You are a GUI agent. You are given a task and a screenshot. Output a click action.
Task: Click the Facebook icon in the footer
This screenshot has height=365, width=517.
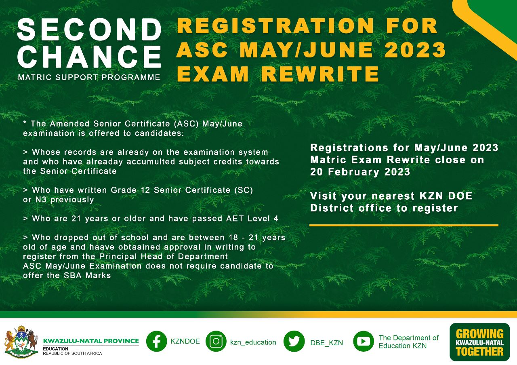pyautogui.click(x=156, y=341)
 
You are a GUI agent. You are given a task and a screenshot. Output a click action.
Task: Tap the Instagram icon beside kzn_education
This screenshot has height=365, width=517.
pyautogui.click(x=216, y=341)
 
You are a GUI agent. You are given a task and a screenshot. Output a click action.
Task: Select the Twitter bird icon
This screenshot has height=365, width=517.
pyautogui.click(x=294, y=341)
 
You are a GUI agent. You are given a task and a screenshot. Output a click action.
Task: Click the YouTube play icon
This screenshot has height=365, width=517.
pyautogui.click(x=363, y=341)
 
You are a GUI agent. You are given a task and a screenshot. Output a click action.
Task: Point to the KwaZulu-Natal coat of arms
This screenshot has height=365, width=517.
pyautogui.click(x=21, y=342)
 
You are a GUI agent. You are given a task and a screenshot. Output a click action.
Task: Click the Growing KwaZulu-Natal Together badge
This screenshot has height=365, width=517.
pyautogui.click(x=479, y=342)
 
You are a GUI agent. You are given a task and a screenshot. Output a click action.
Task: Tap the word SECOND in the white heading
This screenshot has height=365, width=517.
pyautogui.click(x=90, y=30)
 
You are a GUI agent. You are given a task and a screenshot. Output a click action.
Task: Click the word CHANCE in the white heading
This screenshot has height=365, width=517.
pyautogui.click(x=89, y=57)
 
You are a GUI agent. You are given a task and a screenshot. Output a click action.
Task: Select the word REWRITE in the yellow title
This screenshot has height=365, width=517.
pyautogui.click(x=320, y=74)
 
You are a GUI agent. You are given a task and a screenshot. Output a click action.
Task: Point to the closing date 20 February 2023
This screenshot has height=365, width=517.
pyautogui.click(x=360, y=172)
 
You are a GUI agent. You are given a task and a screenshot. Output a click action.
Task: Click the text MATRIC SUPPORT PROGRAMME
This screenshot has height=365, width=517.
pyautogui.click(x=89, y=77)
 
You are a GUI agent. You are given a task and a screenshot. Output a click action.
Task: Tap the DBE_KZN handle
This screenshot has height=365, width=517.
pyautogui.click(x=327, y=343)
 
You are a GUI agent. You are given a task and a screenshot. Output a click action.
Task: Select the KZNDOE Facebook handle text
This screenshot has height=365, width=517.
pyautogui.click(x=185, y=341)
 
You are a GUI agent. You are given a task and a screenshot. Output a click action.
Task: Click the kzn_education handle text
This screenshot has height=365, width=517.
pyautogui.click(x=253, y=342)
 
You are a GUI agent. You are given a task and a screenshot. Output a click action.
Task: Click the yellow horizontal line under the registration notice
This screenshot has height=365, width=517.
pyautogui.click(x=404, y=225)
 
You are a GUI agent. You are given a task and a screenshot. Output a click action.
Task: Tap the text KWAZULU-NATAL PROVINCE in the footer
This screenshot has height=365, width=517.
pyautogui.click(x=91, y=341)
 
